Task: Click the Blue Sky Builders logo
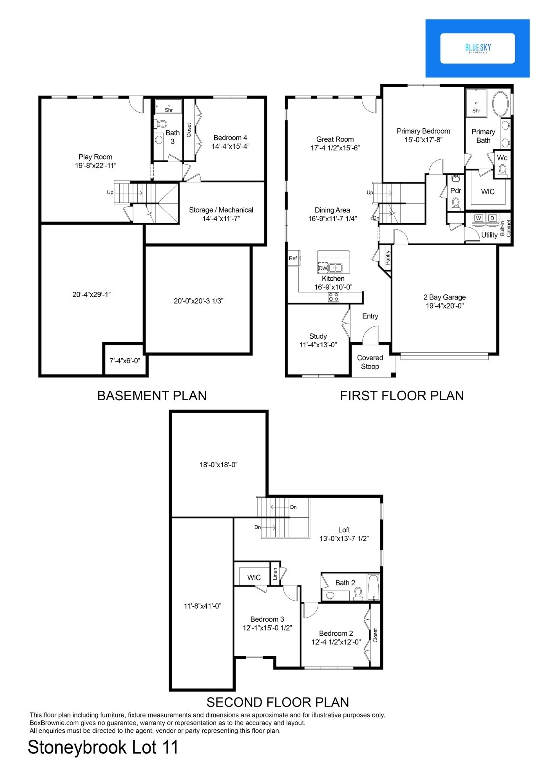point(478,48)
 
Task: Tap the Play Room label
point(95,157)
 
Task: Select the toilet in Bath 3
point(162,124)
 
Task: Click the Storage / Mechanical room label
point(221,210)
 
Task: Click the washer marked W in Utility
point(478,218)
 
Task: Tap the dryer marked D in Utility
point(492,218)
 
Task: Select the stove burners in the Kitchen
point(334,297)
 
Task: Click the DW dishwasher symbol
point(323,268)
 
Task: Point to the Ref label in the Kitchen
point(293,258)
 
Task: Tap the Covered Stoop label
point(370,362)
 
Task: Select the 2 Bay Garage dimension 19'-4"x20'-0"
point(444,305)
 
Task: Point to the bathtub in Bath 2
point(373,587)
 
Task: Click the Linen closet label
point(275,574)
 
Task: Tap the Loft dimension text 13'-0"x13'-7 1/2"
point(344,539)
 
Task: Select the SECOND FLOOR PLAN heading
point(278,702)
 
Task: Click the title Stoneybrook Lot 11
point(103,748)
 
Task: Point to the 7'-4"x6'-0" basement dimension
point(125,360)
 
